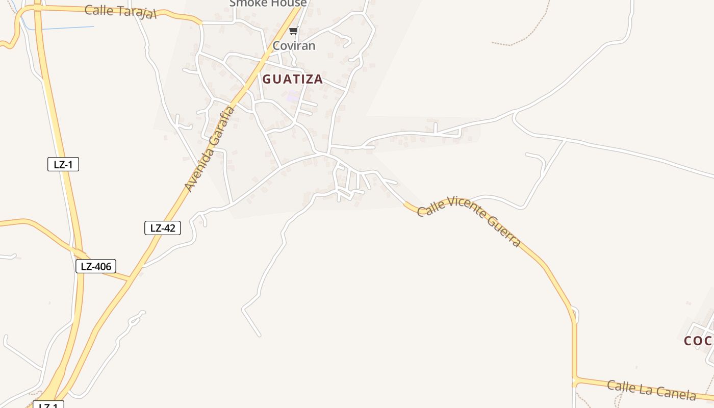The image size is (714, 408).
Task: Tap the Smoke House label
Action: (x=268, y=3)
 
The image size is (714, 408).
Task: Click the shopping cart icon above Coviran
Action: (x=293, y=31)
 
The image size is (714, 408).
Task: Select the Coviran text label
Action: (x=294, y=46)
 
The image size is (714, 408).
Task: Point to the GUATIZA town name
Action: (x=293, y=79)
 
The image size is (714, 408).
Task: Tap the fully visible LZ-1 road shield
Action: (x=63, y=164)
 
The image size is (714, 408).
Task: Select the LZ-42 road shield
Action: (x=163, y=228)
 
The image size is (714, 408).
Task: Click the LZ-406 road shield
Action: (x=96, y=266)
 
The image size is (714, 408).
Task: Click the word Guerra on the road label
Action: (x=503, y=231)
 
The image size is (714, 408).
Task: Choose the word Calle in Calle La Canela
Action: (x=621, y=386)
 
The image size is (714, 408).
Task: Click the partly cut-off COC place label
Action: (x=698, y=341)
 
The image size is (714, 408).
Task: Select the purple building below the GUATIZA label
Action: (x=293, y=96)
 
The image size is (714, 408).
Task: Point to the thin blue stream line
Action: (x=66, y=28)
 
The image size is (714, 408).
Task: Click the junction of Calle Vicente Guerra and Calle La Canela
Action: (x=575, y=380)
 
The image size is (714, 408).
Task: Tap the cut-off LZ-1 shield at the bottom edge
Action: (x=48, y=405)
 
